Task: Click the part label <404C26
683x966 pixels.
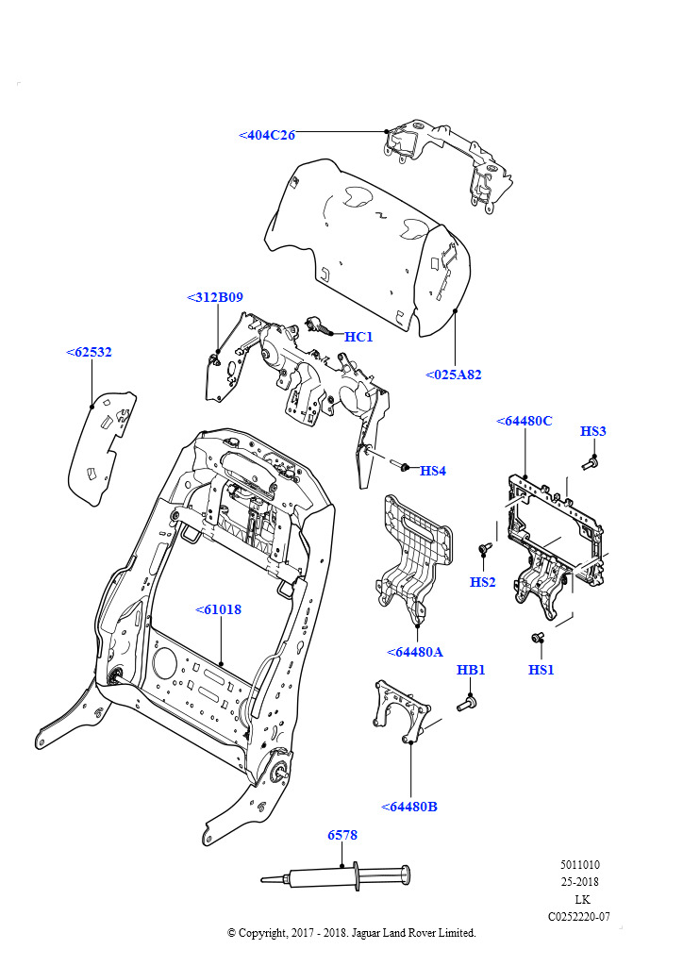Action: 267,136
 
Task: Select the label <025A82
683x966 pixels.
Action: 453,375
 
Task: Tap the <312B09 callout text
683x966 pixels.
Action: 215,297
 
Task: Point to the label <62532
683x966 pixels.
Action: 89,352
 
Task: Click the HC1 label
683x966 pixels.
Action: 358,337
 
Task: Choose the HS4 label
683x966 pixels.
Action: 432,471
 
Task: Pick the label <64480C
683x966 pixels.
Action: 524,421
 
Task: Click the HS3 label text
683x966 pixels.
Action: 592,431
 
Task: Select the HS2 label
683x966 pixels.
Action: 482,582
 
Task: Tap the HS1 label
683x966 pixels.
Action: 541,670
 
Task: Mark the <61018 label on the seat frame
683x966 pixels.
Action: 218,609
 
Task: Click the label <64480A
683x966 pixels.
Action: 415,652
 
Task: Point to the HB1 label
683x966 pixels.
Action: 471,670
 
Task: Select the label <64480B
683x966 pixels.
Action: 409,807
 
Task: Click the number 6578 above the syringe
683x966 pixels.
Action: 342,835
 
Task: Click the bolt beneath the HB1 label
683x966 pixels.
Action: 467,703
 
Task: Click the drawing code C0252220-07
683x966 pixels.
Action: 578,916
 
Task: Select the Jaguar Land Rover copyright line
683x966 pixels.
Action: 352,933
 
